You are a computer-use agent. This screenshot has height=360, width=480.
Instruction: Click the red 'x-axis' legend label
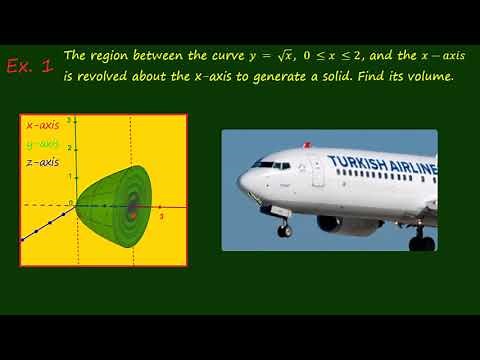pos(42,127)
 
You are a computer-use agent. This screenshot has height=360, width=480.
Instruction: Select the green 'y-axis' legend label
pos(42,144)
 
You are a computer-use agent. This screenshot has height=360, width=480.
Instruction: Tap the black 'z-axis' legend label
pos(42,161)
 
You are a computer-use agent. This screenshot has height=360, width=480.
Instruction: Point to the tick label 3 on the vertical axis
pos(68,121)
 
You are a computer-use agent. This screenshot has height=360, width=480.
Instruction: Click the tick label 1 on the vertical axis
pos(68,176)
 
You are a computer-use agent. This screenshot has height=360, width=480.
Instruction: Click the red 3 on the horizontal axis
pos(161,216)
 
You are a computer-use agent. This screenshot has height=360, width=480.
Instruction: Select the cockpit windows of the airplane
pos(269,165)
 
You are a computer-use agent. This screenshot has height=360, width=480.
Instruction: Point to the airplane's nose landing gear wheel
pos(285,231)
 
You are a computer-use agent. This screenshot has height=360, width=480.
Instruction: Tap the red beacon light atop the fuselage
pos(307,145)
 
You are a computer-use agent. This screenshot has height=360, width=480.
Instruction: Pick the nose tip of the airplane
pos(240,182)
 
